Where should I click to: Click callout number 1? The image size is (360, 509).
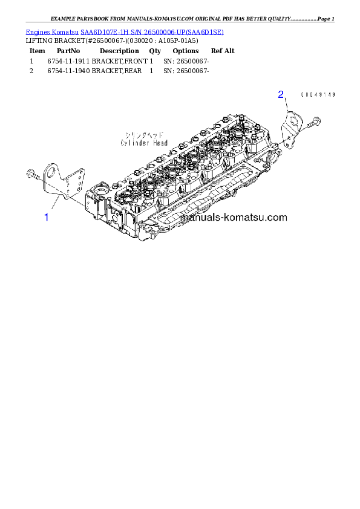46,216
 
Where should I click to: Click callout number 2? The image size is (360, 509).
281,94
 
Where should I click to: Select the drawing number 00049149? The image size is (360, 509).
318,95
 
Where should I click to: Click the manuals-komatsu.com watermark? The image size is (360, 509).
234,217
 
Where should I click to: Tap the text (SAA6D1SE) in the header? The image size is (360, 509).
204,31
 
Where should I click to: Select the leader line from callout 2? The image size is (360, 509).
286,104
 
